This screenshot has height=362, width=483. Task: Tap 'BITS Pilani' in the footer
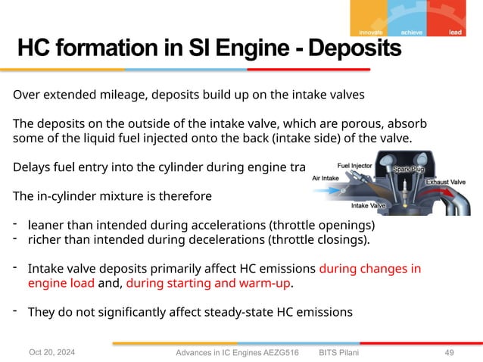(339, 353)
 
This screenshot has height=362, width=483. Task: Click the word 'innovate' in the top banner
(369, 33)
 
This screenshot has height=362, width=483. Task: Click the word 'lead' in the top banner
(456, 33)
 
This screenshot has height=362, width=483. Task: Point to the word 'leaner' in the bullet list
(47, 225)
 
